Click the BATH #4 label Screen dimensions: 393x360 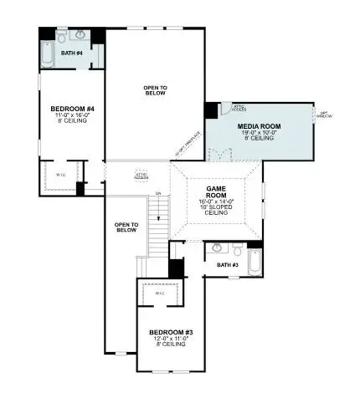(x=72, y=54)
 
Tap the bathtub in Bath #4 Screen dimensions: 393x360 (x=47, y=54)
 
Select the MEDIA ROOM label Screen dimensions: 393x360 (x=260, y=126)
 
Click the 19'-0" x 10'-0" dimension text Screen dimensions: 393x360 (x=260, y=133)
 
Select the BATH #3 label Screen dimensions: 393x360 (x=227, y=265)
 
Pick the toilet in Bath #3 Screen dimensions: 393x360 (x=238, y=250)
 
